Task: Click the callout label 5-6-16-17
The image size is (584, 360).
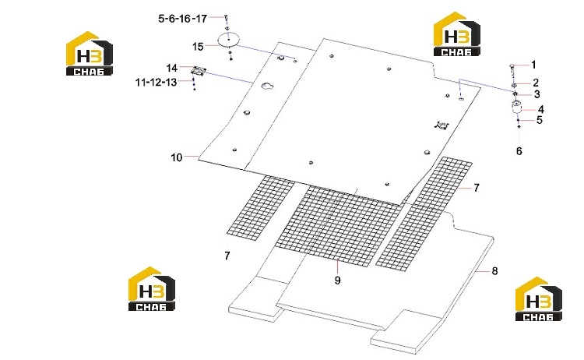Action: tap(182, 18)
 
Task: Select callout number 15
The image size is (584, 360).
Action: tap(198, 47)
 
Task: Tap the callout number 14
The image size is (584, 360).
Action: tap(172, 68)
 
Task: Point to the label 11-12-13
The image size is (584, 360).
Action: tap(156, 82)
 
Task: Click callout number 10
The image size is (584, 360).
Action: tap(177, 157)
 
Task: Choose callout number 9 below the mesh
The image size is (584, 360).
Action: tap(337, 280)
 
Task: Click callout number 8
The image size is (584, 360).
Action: tap(494, 271)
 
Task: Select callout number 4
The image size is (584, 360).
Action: tap(541, 109)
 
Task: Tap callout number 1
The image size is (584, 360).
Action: tap(533, 65)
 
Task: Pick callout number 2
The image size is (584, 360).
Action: tap(536, 83)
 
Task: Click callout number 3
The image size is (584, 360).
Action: tap(537, 94)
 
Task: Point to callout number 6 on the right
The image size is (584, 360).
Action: tap(519, 151)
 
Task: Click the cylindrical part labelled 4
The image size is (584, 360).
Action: tap(516, 107)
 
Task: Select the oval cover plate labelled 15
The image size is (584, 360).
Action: tap(228, 40)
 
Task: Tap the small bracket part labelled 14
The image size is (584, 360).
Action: tap(198, 71)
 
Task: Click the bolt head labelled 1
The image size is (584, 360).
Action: tap(512, 66)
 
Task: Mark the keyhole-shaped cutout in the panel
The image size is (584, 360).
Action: tap(267, 86)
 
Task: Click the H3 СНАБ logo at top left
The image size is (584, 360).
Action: tap(90, 54)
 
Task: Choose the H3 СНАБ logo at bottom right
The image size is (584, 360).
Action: tap(539, 299)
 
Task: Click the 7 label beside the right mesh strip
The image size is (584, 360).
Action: tap(477, 188)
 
